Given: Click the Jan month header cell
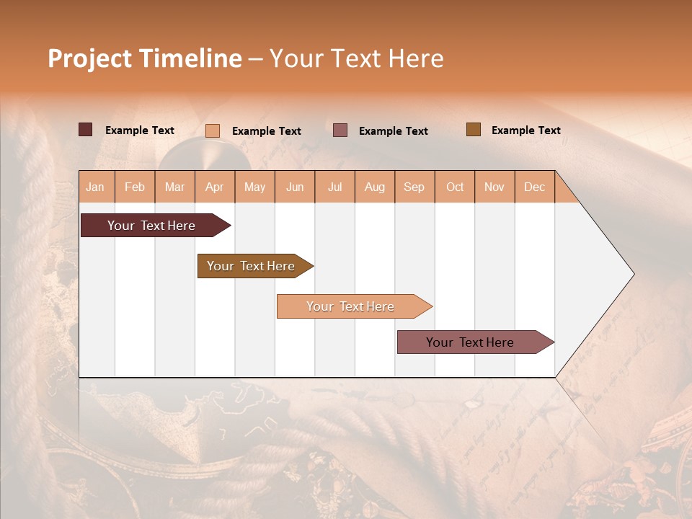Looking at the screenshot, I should point(96,187).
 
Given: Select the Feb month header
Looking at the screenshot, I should point(135,187).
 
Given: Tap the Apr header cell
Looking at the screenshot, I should point(215,187).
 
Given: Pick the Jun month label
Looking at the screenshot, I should point(295,187).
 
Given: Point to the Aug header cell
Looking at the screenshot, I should point(374,187).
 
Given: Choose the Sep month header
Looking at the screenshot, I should point(414,187).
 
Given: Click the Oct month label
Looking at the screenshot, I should point(455,187).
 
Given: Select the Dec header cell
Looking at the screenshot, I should point(534,187).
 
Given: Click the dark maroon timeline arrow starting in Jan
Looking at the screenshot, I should point(152,226).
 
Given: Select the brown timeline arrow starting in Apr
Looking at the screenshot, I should point(252,266).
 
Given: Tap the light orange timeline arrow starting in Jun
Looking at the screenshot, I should point(351,306).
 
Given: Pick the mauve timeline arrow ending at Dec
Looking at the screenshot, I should point(471,342).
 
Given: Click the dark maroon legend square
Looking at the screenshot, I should point(86,130).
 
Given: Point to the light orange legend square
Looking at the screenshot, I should point(213,130).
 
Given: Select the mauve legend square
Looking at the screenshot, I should point(340,130).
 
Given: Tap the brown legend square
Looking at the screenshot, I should point(474,130).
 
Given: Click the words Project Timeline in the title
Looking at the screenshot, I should point(144,58).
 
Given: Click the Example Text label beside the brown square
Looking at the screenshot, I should point(525,130).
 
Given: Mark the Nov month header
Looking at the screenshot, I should point(494,187).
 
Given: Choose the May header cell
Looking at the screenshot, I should point(254,187).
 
